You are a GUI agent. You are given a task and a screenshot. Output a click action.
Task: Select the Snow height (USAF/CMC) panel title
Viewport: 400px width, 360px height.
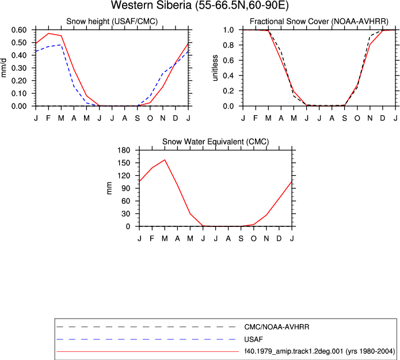point(112,21)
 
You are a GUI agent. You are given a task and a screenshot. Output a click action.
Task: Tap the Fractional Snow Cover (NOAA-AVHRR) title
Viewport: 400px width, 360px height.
point(319,21)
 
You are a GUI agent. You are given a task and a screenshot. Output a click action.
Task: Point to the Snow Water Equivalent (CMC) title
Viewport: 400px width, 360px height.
point(216,142)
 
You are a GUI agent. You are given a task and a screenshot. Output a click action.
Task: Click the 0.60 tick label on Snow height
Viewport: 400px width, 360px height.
point(19,30)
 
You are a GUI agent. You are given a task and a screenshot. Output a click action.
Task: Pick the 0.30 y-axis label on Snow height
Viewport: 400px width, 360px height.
point(19,68)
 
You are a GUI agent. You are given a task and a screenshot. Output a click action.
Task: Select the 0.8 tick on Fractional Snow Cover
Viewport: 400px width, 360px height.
point(228,45)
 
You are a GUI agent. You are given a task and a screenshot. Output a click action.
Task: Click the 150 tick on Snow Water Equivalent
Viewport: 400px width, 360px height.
point(124,163)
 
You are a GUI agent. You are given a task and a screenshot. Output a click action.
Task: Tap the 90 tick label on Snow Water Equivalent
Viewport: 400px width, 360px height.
point(126,188)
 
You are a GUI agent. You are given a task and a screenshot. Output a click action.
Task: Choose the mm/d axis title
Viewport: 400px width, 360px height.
point(3,68)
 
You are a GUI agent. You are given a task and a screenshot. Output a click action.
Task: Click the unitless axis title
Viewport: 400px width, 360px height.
point(215,68)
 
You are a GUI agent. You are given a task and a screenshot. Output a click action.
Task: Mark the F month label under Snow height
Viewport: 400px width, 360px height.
point(48,118)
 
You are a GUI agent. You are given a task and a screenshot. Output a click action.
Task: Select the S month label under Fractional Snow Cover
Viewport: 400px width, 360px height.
point(345,118)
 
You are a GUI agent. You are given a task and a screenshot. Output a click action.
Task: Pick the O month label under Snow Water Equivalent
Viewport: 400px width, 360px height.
point(254,238)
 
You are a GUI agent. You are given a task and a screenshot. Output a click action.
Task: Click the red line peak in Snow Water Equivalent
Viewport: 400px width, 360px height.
point(165,160)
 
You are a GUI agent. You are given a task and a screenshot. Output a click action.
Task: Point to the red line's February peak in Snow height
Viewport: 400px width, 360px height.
point(48,33)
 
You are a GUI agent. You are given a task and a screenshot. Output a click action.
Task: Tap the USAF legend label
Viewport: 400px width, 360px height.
point(254,339)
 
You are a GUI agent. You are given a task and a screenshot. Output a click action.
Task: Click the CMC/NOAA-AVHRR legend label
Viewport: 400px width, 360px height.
point(277,327)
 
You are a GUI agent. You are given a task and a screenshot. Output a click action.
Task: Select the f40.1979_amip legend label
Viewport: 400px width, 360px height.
point(319,351)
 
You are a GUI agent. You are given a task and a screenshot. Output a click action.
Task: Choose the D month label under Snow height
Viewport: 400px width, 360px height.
point(176,118)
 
